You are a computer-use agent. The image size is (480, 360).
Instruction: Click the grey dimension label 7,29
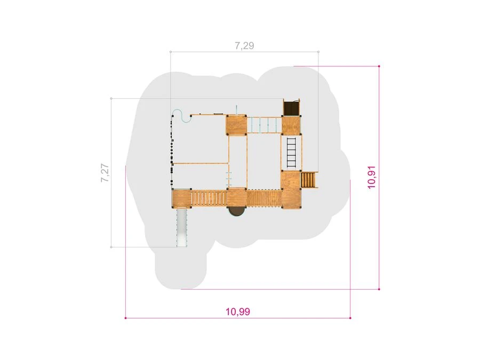(x=244, y=46)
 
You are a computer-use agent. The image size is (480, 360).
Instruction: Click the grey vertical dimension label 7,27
(x=105, y=173)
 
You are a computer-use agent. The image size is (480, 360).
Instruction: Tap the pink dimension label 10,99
(x=238, y=311)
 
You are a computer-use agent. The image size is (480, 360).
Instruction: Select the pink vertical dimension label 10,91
(x=372, y=177)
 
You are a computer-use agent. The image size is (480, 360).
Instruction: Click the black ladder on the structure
(x=291, y=153)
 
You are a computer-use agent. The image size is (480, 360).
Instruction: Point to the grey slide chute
(x=182, y=227)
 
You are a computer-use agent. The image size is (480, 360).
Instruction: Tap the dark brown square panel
(x=291, y=108)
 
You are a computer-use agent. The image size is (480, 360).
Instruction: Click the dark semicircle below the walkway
(x=237, y=212)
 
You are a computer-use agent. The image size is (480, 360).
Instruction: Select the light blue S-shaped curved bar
(x=182, y=116)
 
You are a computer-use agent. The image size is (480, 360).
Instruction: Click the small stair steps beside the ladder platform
(x=309, y=180)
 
